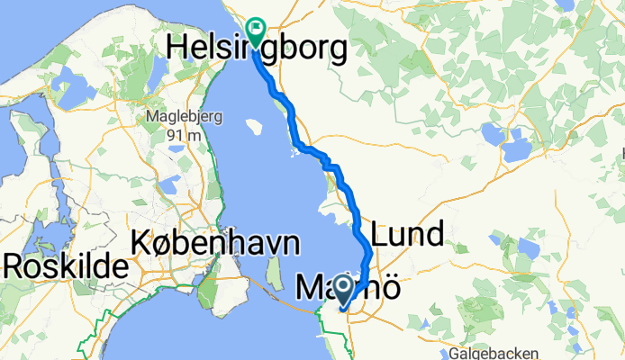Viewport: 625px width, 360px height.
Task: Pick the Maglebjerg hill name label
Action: tap(178, 117)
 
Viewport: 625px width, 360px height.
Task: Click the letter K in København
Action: tap(142, 242)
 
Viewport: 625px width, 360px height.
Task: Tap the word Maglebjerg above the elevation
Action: tap(178, 117)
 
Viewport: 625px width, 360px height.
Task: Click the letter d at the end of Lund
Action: tap(434, 236)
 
